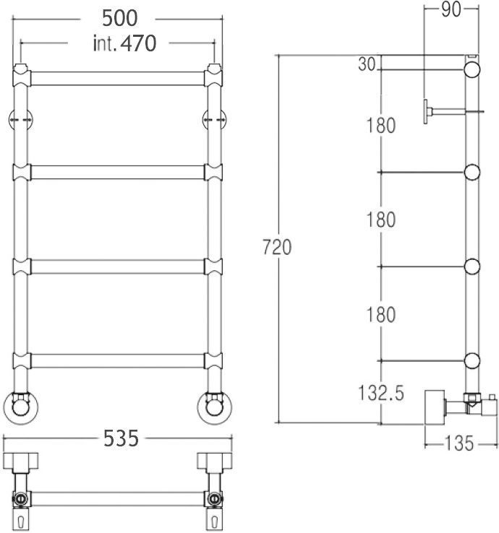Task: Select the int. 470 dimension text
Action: click(124, 44)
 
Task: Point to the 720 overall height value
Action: click(277, 247)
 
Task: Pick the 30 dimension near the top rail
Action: click(367, 65)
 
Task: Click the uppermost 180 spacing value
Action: click(380, 126)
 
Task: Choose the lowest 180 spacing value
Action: click(380, 315)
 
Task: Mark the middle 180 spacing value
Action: click(380, 220)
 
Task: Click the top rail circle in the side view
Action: click(472, 69)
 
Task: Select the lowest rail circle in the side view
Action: click(472, 360)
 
